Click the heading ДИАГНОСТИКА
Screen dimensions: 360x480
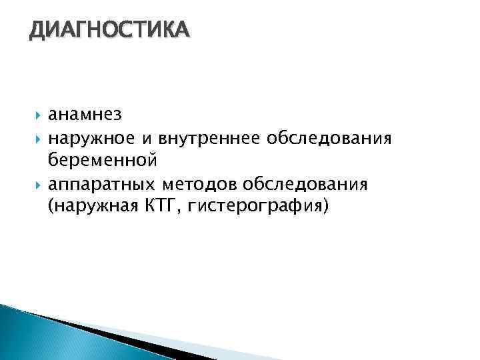tap(109, 30)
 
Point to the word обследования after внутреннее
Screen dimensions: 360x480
tap(329, 138)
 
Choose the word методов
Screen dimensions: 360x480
tap(201, 183)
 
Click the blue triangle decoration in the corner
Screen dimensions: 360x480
tap(27, 333)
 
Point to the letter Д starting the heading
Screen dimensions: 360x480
tap(37, 31)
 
